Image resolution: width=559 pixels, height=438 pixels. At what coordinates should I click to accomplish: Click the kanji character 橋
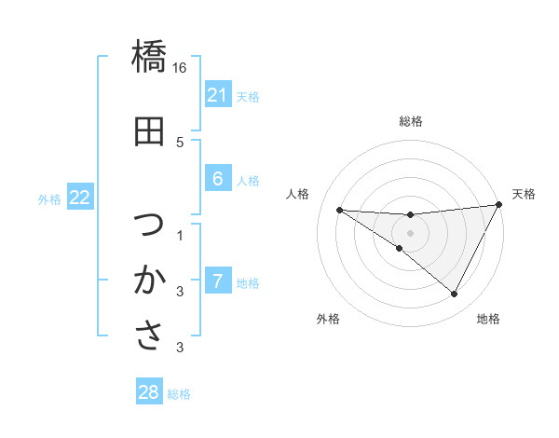tap(149, 58)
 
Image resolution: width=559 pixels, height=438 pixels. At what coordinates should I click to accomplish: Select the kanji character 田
tap(149, 132)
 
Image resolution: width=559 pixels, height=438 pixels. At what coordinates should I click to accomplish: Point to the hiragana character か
tap(149, 280)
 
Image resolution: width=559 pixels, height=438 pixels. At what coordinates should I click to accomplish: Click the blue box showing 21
tap(217, 95)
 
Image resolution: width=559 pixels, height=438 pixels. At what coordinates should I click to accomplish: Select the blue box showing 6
tap(217, 179)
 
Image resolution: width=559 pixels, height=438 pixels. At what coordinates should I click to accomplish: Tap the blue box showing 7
tap(217, 281)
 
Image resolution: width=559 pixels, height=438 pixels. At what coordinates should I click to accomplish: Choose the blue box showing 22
tap(79, 198)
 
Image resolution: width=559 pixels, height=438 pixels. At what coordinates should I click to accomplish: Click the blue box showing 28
tap(149, 392)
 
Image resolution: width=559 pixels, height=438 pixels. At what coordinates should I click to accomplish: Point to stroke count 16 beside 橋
tap(180, 68)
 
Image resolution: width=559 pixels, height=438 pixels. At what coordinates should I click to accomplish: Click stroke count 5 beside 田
tap(180, 142)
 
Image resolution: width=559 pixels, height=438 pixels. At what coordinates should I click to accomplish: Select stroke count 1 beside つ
tap(180, 234)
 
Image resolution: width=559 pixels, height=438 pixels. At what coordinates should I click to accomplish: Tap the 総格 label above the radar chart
tap(410, 121)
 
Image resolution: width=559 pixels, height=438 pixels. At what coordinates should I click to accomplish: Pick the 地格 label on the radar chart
tap(488, 319)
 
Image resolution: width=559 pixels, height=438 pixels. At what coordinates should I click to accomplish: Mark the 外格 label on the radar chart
tap(328, 319)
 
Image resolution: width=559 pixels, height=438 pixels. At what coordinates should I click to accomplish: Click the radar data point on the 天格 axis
tap(498, 205)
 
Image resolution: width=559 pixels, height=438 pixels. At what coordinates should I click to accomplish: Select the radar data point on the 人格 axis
tap(339, 210)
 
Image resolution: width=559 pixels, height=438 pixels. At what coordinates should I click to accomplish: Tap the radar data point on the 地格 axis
tap(454, 294)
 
